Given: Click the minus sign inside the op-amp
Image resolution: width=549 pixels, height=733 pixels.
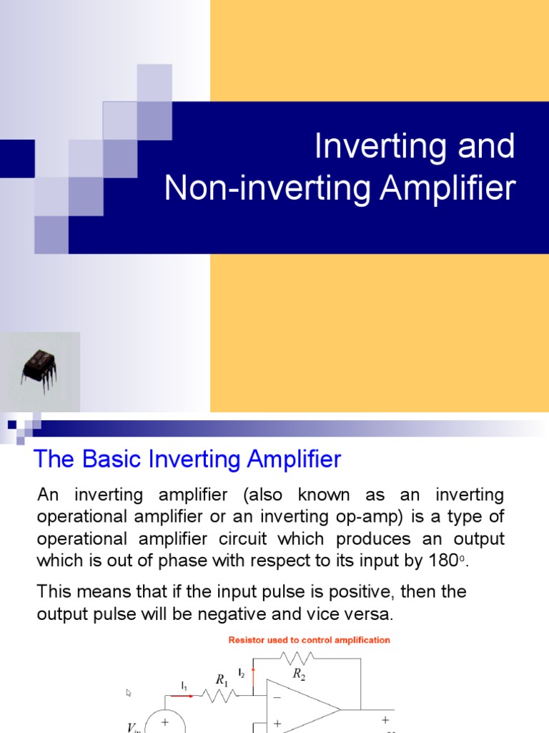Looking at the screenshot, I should tap(277, 696).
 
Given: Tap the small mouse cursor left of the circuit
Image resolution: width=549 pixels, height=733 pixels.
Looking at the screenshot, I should tap(129, 693).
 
